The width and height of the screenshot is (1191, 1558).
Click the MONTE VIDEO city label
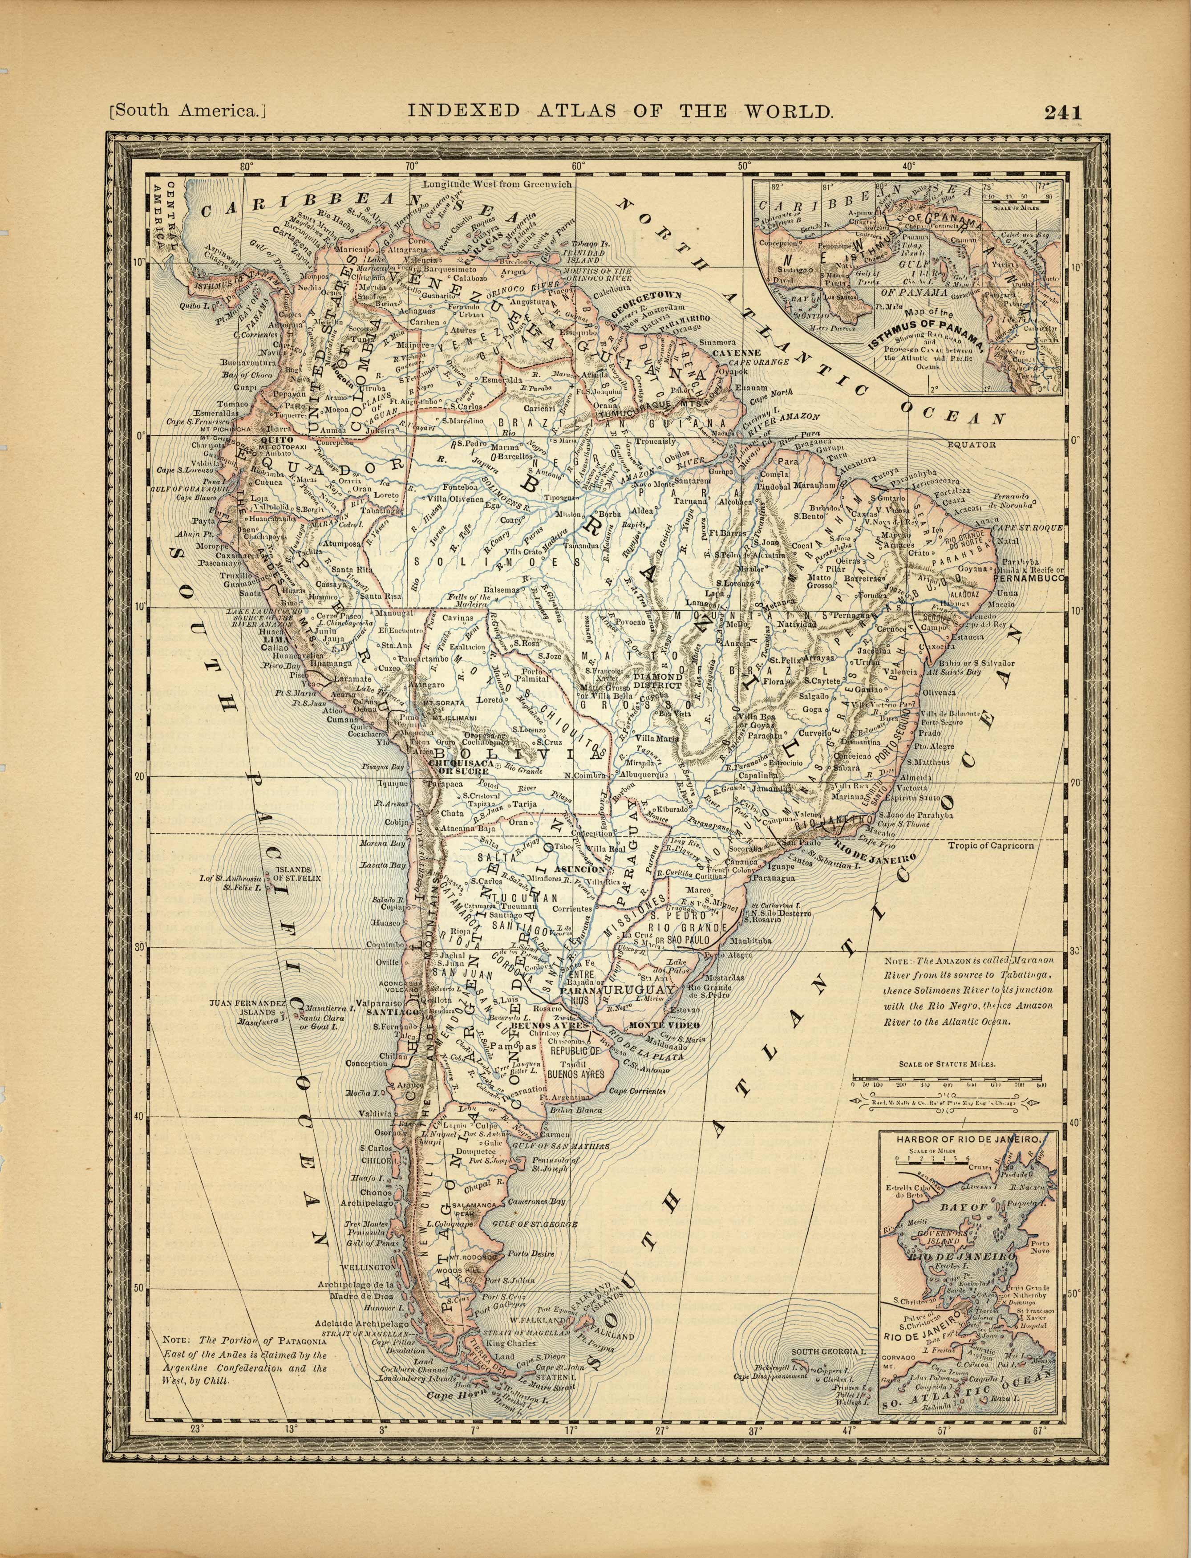[x=664, y=1026]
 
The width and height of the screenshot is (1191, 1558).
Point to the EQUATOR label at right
[x=971, y=445]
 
